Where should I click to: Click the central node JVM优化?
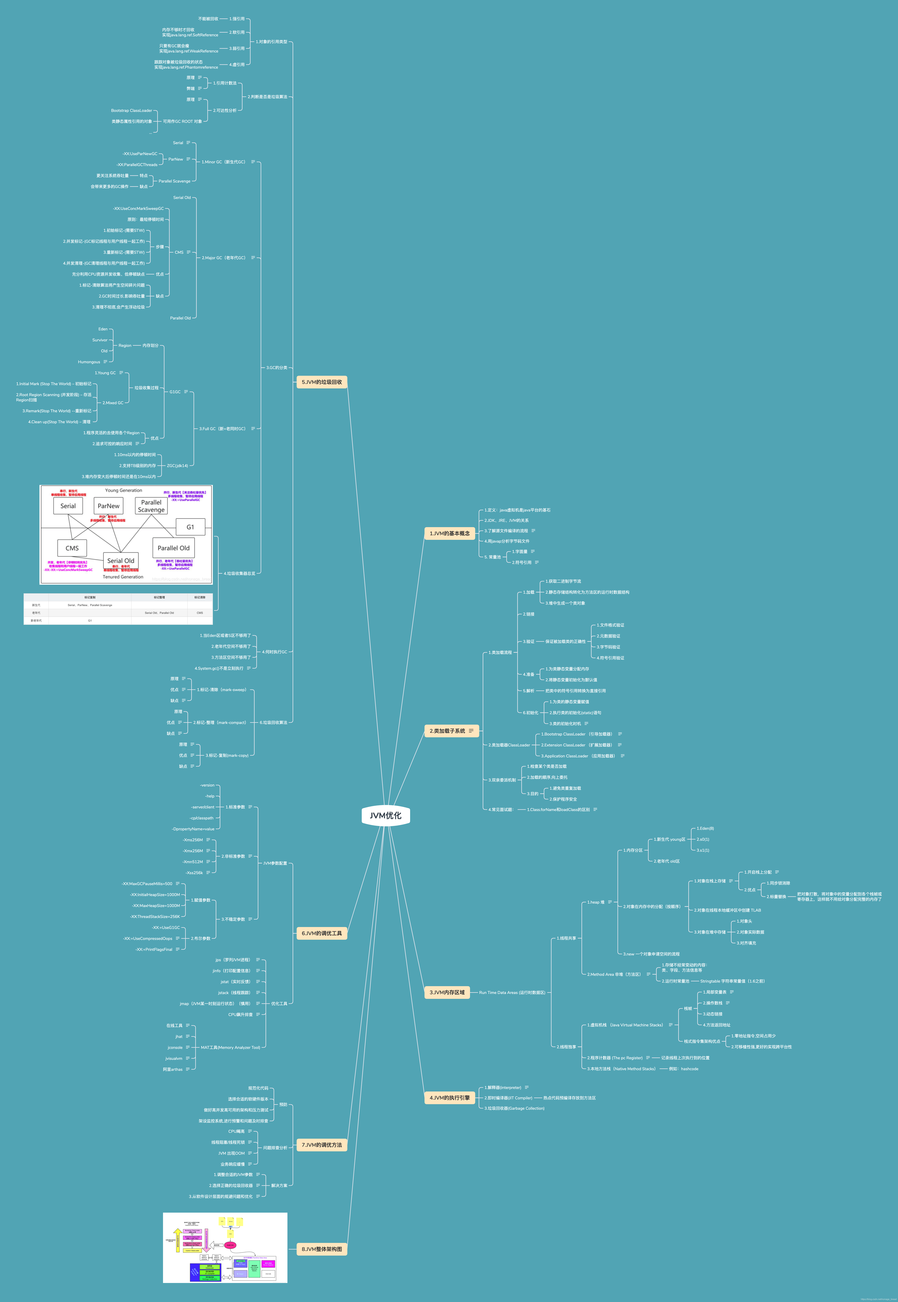(385, 815)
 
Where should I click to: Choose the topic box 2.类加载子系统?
(447, 731)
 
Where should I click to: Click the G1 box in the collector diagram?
(190, 527)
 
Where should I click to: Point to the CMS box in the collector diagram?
(72, 548)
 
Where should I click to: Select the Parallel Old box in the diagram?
(173, 548)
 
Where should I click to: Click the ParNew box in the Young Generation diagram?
(109, 506)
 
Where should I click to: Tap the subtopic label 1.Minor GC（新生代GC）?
(223, 162)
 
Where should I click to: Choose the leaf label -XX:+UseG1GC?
(166, 927)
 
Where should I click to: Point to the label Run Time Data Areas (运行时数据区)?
(512, 992)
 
